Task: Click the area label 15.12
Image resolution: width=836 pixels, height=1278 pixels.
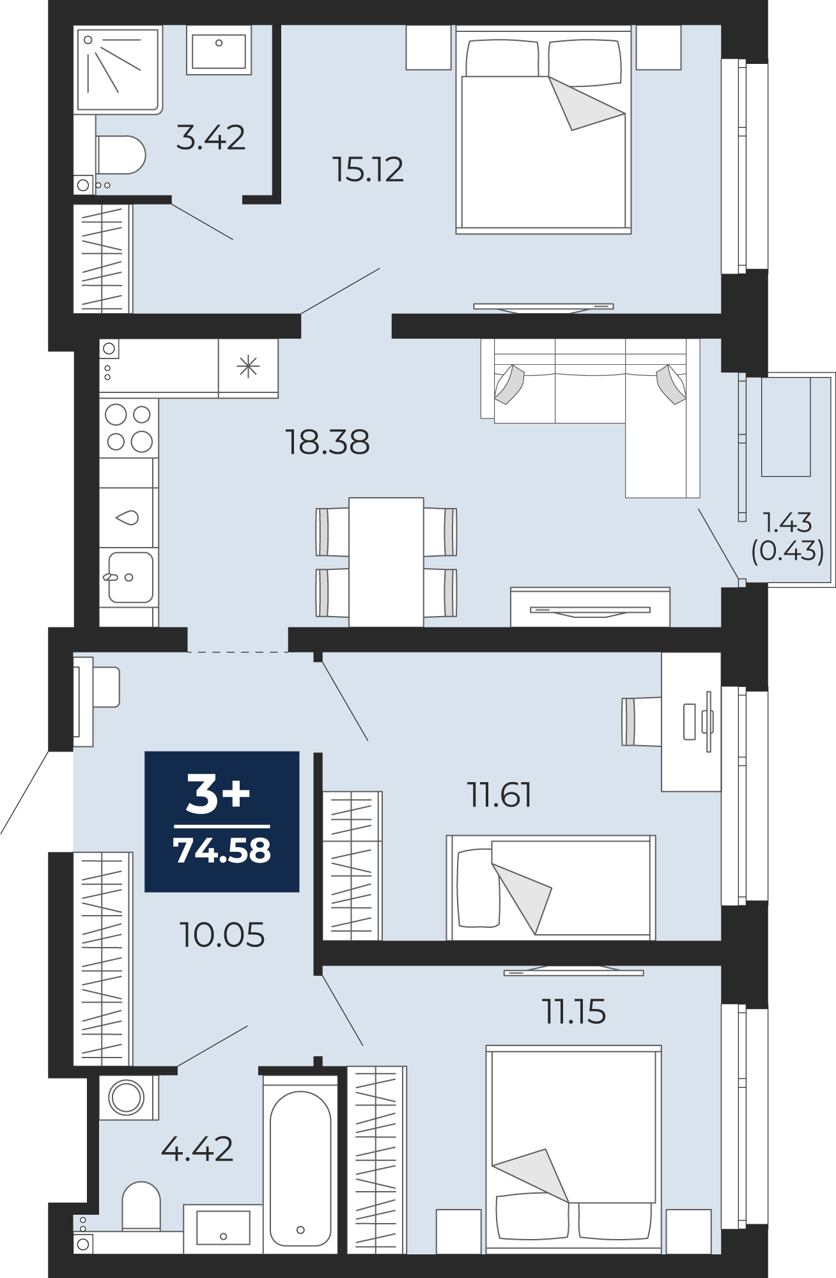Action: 368,170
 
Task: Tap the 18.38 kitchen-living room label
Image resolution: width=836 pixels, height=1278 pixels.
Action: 327,442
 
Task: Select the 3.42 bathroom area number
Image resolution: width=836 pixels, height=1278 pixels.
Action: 211,138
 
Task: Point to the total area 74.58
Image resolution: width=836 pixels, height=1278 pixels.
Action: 222,851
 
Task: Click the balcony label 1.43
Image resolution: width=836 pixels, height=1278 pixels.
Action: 787,523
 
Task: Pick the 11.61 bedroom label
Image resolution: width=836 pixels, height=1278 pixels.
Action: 500,795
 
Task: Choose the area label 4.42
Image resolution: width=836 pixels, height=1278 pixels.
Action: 197,1149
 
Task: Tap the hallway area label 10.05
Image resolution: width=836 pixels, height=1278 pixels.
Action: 222,935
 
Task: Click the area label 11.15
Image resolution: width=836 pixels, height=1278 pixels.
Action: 574,1012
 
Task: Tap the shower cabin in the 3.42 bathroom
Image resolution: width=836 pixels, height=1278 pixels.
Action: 118,70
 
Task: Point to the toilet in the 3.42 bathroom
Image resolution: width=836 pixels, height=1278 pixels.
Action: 120,155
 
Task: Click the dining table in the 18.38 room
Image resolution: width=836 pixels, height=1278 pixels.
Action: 386,562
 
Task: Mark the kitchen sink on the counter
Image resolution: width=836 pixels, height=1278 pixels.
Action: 129,578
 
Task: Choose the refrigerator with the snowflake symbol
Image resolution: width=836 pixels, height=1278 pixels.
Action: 248,367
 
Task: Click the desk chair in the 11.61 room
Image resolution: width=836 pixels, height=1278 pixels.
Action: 642,721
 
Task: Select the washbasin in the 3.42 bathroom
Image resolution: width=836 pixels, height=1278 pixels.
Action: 219,50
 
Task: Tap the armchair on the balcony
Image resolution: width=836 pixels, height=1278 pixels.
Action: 786,427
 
